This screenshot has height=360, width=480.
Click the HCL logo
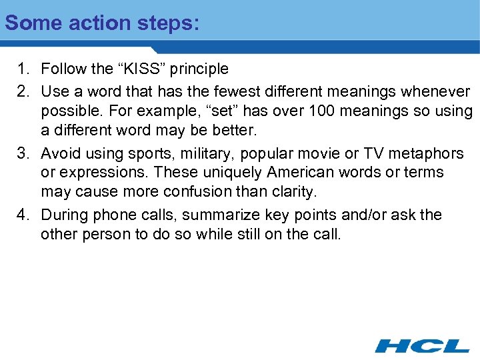click(x=421, y=345)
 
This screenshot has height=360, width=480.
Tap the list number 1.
click(x=23, y=69)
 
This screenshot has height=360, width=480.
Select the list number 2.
click(x=23, y=90)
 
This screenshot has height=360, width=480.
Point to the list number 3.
click(x=23, y=154)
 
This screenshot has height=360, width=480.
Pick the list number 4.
click(x=23, y=215)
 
